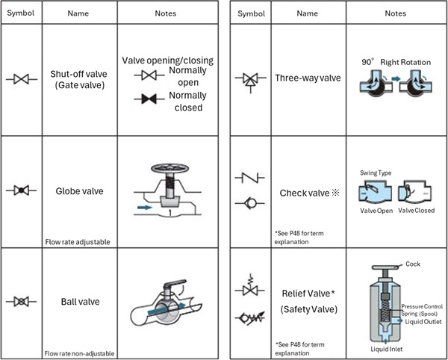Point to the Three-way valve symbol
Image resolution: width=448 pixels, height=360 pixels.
pyautogui.click(x=249, y=78)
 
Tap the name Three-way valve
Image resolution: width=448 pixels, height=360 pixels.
pyautogui.click(x=305, y=78)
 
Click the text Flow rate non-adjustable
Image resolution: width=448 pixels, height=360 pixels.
pyautogui.click(x=78, y=352)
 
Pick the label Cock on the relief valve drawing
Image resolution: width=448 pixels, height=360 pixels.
pyautogui.click(x=413, y=264)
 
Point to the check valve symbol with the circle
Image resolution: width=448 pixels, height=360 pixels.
pyautogui.click(x=249, y=202)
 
